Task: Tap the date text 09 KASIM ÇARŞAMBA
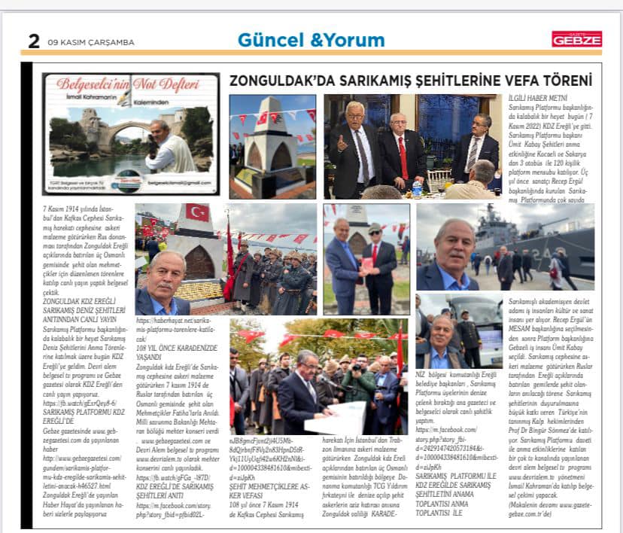click(x=90, y=42)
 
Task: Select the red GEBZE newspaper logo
click(x=576, y=39)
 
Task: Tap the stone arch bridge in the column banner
click(x=98, y=138)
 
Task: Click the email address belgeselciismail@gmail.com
click(x=177, y=183)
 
